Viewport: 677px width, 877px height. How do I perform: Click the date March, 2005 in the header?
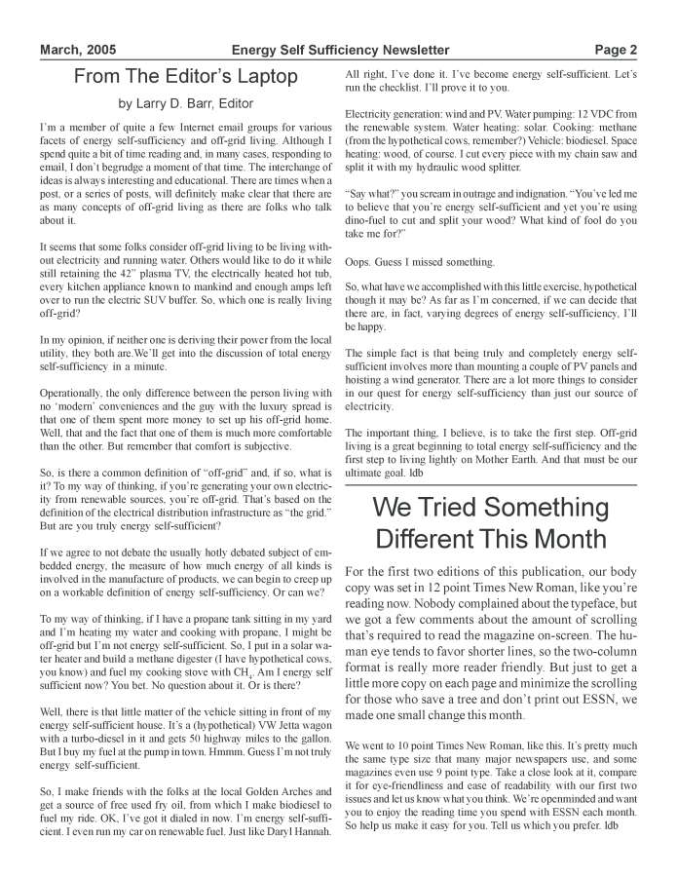[77, 50]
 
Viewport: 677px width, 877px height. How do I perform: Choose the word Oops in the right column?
[361, 262]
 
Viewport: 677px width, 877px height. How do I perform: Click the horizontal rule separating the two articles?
[491, 483]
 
